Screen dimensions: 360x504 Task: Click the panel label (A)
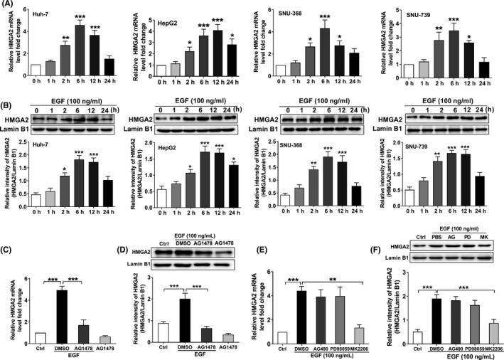(x=10, y=6)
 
